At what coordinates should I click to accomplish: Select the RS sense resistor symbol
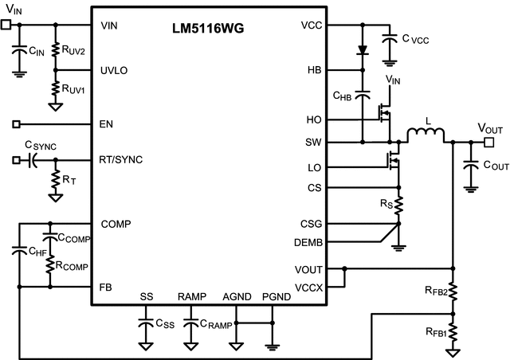tap(398, 205)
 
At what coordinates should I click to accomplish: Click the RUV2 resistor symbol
tap(55, 49)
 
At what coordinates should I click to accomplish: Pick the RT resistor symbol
tap(55, 181)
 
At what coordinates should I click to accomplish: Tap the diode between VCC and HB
tap(363, 49)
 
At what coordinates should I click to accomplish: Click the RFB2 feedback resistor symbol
tap(453, 292)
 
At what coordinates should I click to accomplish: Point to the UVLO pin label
tap(114, 70)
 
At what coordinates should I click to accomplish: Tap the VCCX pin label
tap(308, 287)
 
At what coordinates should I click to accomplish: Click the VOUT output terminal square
tap(488, 142)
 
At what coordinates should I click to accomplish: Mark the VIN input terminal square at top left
tap(6, 25)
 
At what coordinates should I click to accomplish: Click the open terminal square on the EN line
tap(17, 124)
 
